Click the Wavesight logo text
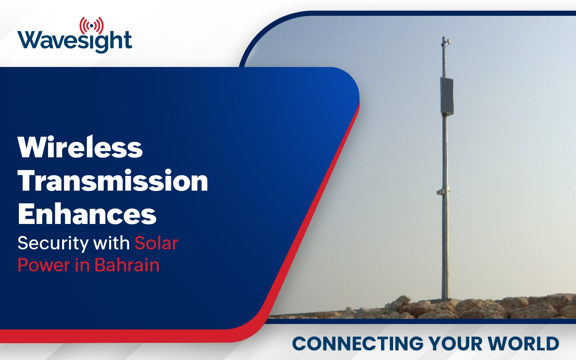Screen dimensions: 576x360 point(74,41)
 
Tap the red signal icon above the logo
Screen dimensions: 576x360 point(92,25)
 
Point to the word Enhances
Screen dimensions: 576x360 point(87,214)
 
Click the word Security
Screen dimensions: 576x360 point(53,244)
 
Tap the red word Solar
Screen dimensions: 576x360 point(156,243)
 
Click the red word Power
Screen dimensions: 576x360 point(44,265)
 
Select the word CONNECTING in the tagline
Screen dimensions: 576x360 point(358,344)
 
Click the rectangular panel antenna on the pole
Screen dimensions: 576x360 point(447,96)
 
